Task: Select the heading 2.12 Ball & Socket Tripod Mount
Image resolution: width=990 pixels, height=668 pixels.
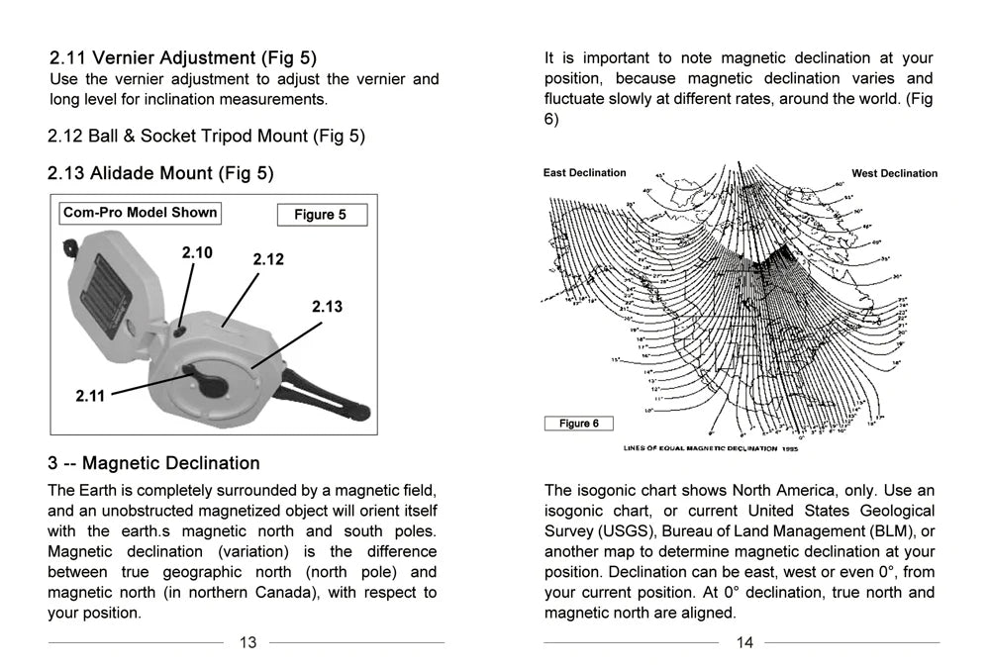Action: (x=206, y=136)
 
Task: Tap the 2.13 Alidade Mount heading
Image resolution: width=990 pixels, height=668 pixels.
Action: (x=160, y=173)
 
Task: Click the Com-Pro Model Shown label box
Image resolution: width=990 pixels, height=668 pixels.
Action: (x=140, y=213)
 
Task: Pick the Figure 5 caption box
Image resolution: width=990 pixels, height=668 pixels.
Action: (x=322, y=215)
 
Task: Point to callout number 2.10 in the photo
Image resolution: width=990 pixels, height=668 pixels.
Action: (x=197, y=253)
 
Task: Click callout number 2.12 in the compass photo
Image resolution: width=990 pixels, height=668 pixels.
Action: (x=268, y=259)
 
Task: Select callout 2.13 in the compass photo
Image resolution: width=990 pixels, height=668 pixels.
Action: (x=327, y=307)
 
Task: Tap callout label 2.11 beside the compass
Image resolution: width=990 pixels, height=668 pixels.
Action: (x=90, y=396)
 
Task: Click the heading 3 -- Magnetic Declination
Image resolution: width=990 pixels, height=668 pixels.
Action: (x=153, y=463)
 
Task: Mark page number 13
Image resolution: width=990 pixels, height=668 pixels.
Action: (x=247, y=642)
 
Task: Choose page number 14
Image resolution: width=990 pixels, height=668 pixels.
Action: (x=744, y=642)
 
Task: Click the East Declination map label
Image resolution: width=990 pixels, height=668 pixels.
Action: (x=584, y=173)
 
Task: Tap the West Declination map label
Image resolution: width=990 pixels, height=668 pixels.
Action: (x=894, y=174)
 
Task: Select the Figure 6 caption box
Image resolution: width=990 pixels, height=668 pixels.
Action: (x=579, y=424)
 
